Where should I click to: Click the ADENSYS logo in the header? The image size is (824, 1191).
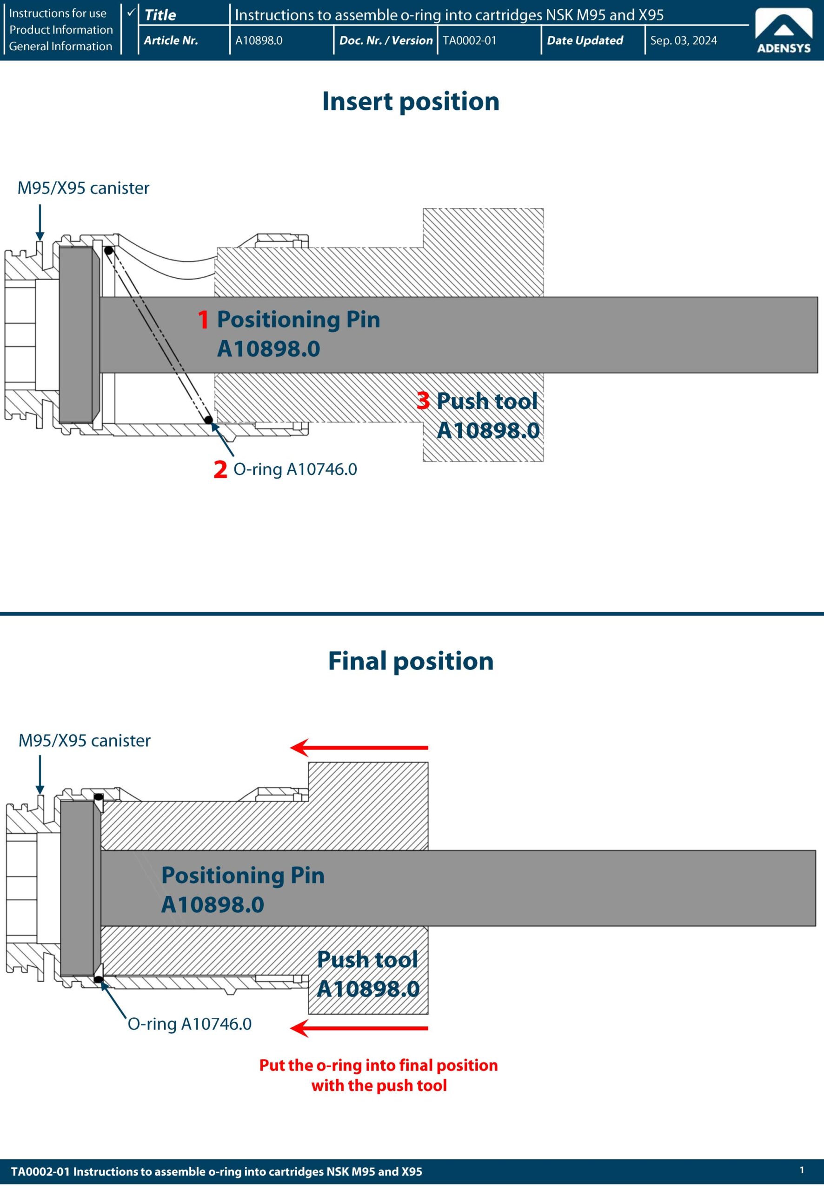point(783,31)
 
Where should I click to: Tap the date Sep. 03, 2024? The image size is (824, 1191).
point(683,40)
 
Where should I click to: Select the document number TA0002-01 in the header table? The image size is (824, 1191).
point(469,40)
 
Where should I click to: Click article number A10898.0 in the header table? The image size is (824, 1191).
point(259,40)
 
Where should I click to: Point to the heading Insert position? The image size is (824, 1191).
point(411,101)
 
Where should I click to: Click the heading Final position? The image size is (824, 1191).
point(411,661)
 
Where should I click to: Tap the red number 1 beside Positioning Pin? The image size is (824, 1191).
point(203,320)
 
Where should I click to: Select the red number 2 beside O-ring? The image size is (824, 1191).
point(220,469)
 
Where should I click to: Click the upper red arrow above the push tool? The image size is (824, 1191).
point(359,747)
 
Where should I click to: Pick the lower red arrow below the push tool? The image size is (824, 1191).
point(359,1028)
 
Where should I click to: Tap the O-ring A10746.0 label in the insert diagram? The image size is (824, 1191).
point(295,469)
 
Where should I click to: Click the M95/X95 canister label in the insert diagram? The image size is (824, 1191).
point(83,188)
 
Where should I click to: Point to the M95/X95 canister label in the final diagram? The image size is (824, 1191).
point(84,741)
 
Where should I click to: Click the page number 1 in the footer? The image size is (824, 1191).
point(801,1170)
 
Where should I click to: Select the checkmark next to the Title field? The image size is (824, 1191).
point(131,11)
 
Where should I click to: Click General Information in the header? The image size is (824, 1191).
point(60,46)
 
